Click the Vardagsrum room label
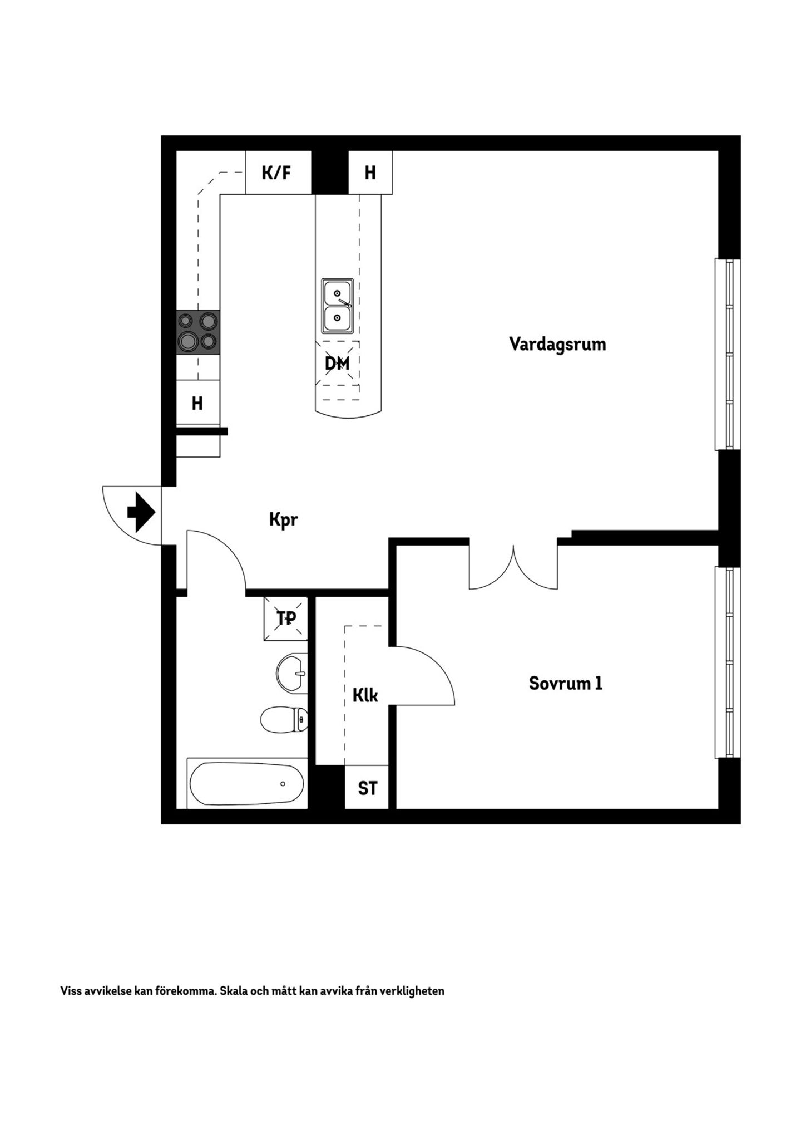tap(557, 344)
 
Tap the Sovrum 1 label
tap(566, 683)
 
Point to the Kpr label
tap(284, 520)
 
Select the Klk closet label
tap(365, 695)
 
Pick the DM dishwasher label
tap(337, 364)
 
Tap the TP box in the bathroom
tap(286, 618)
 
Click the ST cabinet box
tap(367, 787)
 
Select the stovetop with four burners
tap(198, 332)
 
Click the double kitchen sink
tap(337, 306)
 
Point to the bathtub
tap(247, 783)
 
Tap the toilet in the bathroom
tap(284, 719)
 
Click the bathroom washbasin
tap(292, 674)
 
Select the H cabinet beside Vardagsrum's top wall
tap(370, 173)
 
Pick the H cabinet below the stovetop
tap(198, 402)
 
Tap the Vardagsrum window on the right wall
tap(728, 354)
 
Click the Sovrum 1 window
tap(728, 662)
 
